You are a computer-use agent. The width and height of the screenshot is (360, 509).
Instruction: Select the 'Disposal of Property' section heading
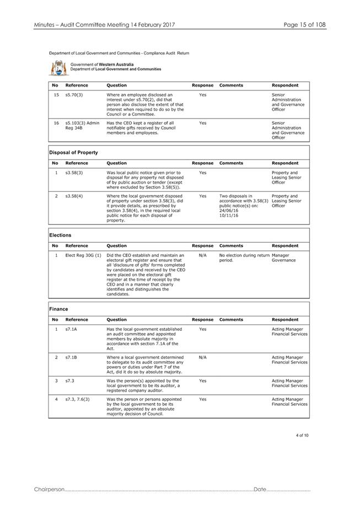coord(74,152)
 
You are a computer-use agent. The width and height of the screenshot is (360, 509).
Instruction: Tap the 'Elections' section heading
coord(61,235)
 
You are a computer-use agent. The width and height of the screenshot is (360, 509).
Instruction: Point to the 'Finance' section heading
coord(59,309)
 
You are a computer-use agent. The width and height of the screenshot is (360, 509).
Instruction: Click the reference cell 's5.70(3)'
coord(73,95)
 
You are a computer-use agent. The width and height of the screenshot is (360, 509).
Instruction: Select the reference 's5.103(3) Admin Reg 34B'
coord(82,125)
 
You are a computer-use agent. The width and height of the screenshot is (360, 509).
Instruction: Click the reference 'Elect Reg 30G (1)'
coord(83,255)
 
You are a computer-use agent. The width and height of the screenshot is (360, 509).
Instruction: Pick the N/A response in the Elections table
coord(202,255)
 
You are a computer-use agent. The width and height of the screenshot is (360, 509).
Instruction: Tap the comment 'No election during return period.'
coord(244,258)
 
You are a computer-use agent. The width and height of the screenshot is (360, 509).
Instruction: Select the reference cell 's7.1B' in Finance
coord(71,357)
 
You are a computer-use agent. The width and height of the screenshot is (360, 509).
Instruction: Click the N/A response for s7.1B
coord(202,357)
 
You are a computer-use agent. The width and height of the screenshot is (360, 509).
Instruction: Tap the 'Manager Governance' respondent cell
coord(284,258)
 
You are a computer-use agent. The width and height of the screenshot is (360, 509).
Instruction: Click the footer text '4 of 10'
coord(302,436)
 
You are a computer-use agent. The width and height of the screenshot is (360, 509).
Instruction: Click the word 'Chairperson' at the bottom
coord(49,490)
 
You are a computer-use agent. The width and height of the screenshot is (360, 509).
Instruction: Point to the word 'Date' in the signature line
coord(260,490)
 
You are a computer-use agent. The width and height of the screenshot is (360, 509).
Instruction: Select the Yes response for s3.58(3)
coord(202,173)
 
